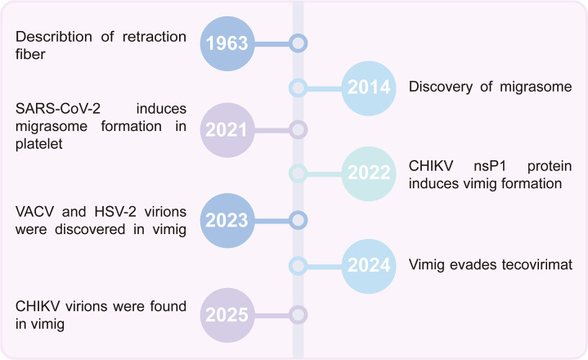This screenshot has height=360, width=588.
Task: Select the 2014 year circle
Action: click(367, 86)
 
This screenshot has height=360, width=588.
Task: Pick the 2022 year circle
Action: click(367, 173)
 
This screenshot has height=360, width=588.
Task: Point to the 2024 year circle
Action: click(367, 264)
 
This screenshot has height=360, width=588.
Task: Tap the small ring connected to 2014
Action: click(298, 86)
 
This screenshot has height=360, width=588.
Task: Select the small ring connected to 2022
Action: click(298, 173)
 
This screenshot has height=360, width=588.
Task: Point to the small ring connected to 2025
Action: click(298, 314)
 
